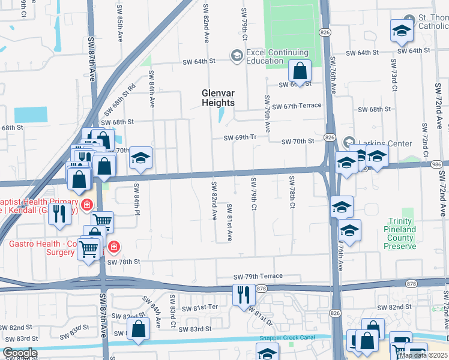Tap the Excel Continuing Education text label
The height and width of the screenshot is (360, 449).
coord(265,56)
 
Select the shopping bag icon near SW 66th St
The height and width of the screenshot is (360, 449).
coord(299,72)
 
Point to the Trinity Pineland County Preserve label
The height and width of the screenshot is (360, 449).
coord(400,234)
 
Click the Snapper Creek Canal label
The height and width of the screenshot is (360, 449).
coord(284,338)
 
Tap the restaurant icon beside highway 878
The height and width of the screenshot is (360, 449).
coord(243,295)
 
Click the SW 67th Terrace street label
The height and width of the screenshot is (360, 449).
coord(297,106)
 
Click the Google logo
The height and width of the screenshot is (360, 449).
coord(19,353)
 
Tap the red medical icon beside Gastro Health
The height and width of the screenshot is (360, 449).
coord(113,247)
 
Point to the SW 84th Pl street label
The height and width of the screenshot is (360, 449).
coord(137,199)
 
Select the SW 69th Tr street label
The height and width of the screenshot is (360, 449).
coord(240,137)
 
